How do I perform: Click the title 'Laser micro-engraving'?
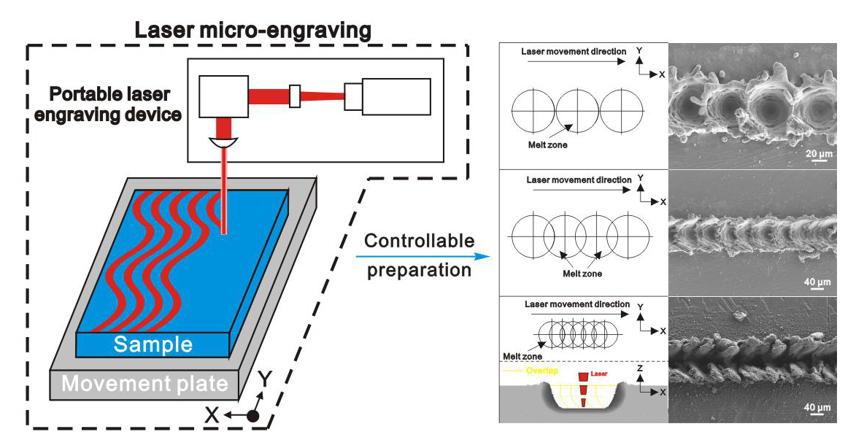click(x=252, y=31)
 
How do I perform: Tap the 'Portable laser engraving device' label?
click(x=109, y=104)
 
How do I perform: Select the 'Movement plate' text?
click(x=144, y=384)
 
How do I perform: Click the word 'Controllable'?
click(x=419, y=241)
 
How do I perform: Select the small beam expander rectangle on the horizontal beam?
click(x=295, y=96)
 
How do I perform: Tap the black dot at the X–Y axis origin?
click(x=253, y=416)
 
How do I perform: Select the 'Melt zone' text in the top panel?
click(x=548, y=144)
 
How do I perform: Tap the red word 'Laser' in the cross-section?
click(x=598, y=373)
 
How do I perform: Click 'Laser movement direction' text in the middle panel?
click(x=578, y=179)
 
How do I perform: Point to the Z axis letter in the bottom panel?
click(x=639, y=368)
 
